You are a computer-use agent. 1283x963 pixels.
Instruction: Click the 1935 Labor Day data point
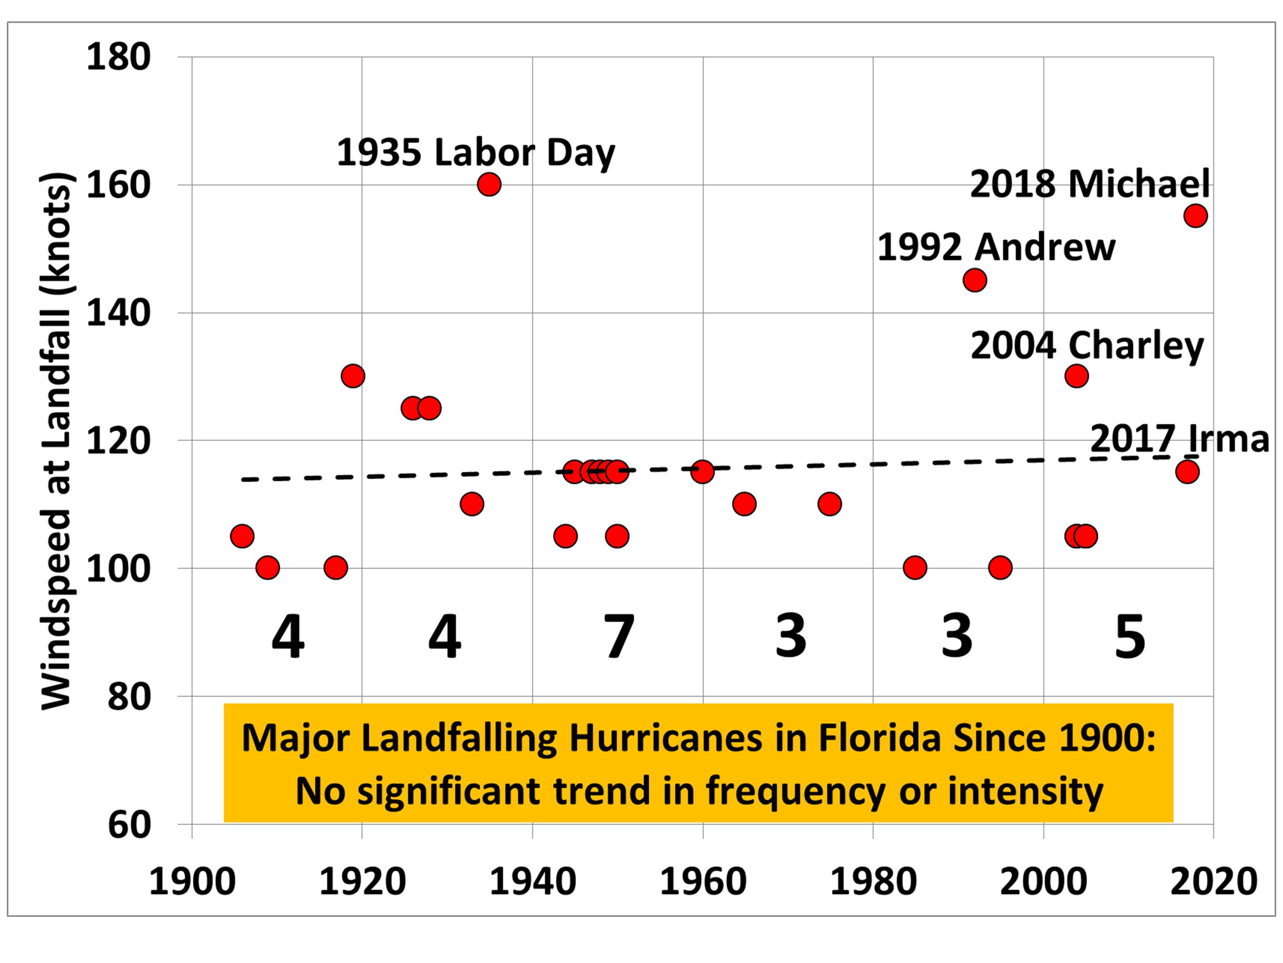click(489, 184)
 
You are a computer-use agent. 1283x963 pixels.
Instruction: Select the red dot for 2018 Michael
click(1195, 216)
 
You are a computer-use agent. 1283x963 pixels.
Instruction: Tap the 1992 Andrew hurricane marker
click(974, 280)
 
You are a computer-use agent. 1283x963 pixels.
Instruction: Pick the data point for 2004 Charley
click(1076, 376)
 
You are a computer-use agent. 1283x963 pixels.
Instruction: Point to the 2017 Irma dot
click(1187, 472)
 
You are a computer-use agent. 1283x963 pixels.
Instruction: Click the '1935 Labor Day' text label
click(476, 153)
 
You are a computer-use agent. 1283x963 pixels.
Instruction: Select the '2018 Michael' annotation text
click(1090, 184)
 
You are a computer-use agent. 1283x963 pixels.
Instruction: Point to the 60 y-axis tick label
click(129, 825)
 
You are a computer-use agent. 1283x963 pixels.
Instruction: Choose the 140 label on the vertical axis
click(118, 313)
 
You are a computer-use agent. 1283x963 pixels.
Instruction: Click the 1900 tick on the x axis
click(192, 882)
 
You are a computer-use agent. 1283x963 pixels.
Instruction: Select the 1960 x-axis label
click(703, 882)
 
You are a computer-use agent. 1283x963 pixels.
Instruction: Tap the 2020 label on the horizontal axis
click(1213, 882)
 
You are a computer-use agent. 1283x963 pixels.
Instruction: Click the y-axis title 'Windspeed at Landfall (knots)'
click(56, 441)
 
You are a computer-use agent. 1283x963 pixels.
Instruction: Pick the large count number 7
click(619, 637)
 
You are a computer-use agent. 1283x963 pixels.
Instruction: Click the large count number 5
click(1129, 637)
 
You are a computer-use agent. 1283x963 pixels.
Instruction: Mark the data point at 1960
click(702, 472)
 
